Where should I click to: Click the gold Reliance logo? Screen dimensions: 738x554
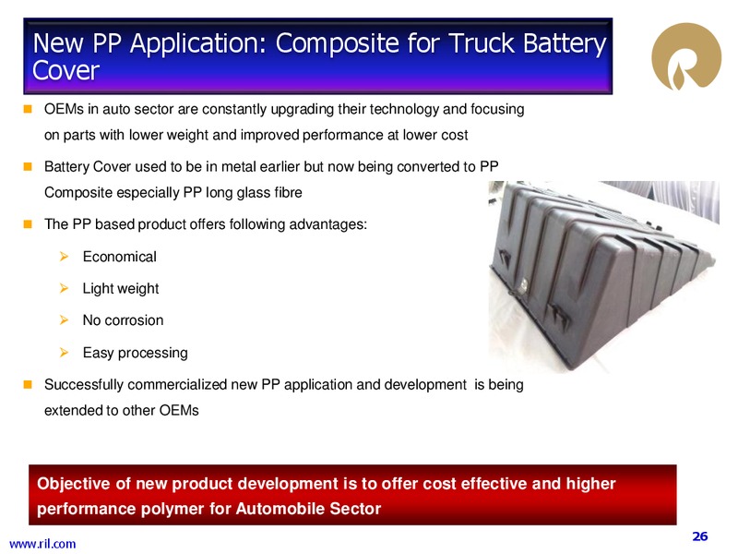click(685, 56)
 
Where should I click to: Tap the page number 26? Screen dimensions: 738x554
click(700, 536)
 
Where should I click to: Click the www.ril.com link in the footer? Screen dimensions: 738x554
click(42, 544)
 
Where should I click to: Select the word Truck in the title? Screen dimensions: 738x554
click(482, 43)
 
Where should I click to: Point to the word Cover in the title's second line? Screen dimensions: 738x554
click(65, 71)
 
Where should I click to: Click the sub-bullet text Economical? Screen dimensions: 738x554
click(120, 257)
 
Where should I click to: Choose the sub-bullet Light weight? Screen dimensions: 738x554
click(121, 289)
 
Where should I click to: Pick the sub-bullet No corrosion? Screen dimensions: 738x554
click(123, 320)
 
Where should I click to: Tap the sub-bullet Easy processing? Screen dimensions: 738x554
click(135, 353)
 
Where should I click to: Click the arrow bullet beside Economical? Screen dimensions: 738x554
click(64, 257)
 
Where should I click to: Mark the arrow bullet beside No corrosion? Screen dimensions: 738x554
click(64, 320)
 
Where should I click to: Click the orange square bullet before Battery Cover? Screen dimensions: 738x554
click(28, 166)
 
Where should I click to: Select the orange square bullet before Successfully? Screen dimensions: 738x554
click(28, 384)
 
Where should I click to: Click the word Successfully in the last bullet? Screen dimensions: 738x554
click(84, 385)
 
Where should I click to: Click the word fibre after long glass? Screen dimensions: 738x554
click(287, 193)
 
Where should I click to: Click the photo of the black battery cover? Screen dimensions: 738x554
click(604, 277)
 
